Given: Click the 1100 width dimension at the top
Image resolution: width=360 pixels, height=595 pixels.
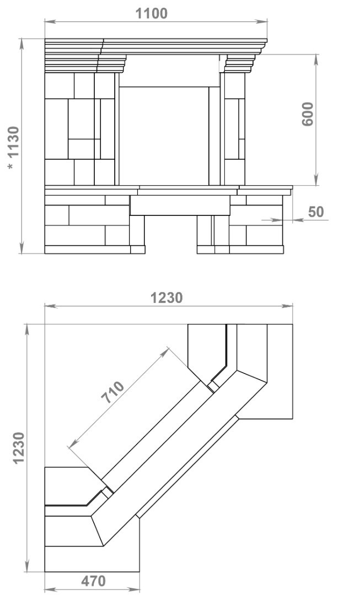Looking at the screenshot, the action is pos(152,14).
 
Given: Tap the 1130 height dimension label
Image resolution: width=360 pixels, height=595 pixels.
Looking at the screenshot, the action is pos(14,142).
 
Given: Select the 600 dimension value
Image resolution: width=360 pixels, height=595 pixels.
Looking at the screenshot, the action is pos(308,114).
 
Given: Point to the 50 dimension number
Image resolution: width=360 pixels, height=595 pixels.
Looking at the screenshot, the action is pos(316,212).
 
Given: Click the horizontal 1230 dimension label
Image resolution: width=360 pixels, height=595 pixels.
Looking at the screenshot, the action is pos(166,298).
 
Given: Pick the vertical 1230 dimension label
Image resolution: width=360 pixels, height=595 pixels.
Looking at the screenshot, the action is pos(19,448).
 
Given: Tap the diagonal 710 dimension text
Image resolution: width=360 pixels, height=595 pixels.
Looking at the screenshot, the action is pos(113,392).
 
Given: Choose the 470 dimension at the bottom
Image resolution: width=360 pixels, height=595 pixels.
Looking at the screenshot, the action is pos(93,581).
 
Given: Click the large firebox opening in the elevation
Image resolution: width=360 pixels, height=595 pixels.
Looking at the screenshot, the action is pos(164,136).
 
